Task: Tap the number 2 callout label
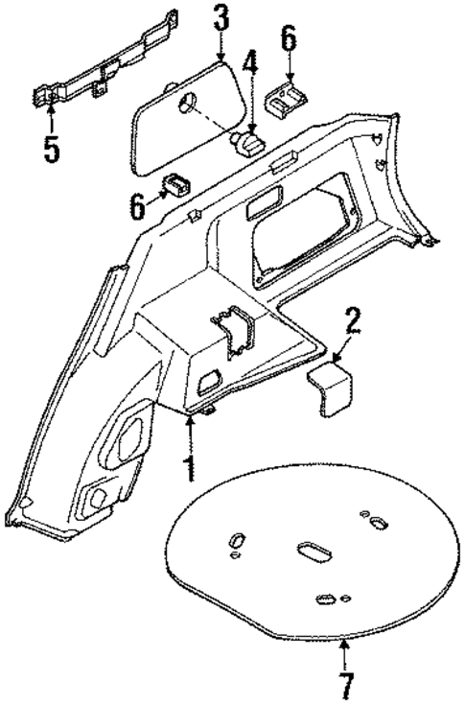click(353, 321)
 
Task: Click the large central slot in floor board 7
click(313, 552)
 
